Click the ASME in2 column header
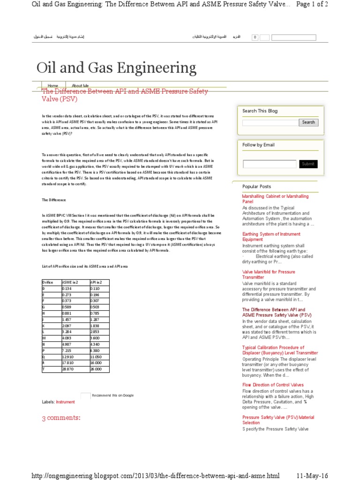point(70,282)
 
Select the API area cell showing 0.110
point(95,288)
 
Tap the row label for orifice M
point(44,338)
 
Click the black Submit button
point(308,164)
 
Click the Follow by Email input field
point(269,164)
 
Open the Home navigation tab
point(53,86)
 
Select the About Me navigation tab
point(80,86)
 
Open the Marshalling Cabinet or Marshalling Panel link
point(275,199)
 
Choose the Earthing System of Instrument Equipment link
point(271,237)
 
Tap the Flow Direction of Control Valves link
point(273,385)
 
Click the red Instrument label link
point(65,402)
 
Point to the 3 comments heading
point(61,418)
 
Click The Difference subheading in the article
point(52,200)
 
